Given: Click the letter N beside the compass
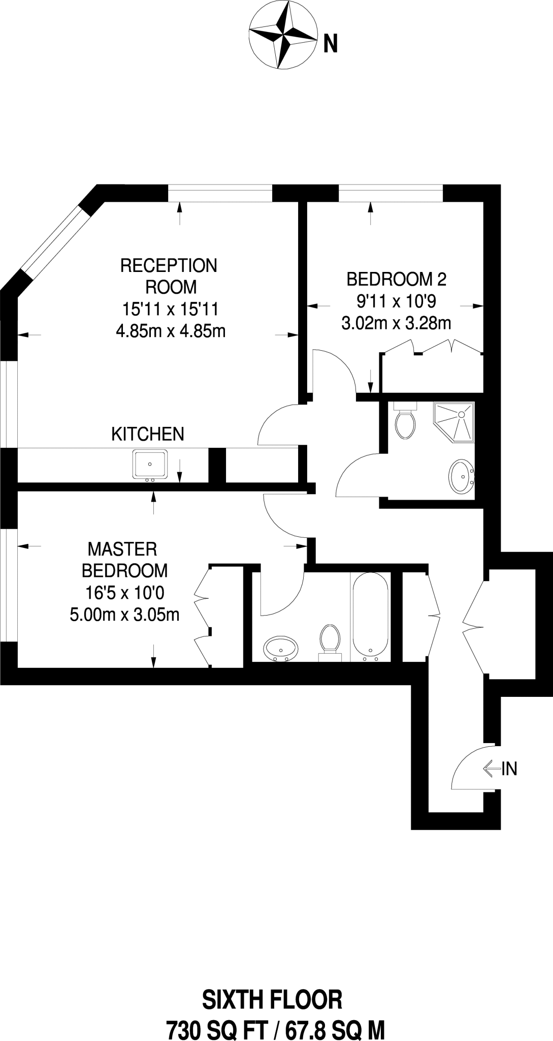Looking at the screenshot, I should coord(331,45).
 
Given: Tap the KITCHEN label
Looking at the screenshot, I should coord(147,434).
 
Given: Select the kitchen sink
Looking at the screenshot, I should coord(150,465).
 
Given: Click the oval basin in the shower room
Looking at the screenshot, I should coord(462,476).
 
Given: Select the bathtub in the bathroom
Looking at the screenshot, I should coord(371,616).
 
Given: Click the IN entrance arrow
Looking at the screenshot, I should coord(492,769).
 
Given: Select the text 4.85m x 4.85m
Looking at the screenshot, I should coord(171,331).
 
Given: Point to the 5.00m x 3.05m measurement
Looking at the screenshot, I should coord(124,615).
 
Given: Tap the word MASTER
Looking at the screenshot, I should coord(122,549).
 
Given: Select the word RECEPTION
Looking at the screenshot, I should coord(169,265).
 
